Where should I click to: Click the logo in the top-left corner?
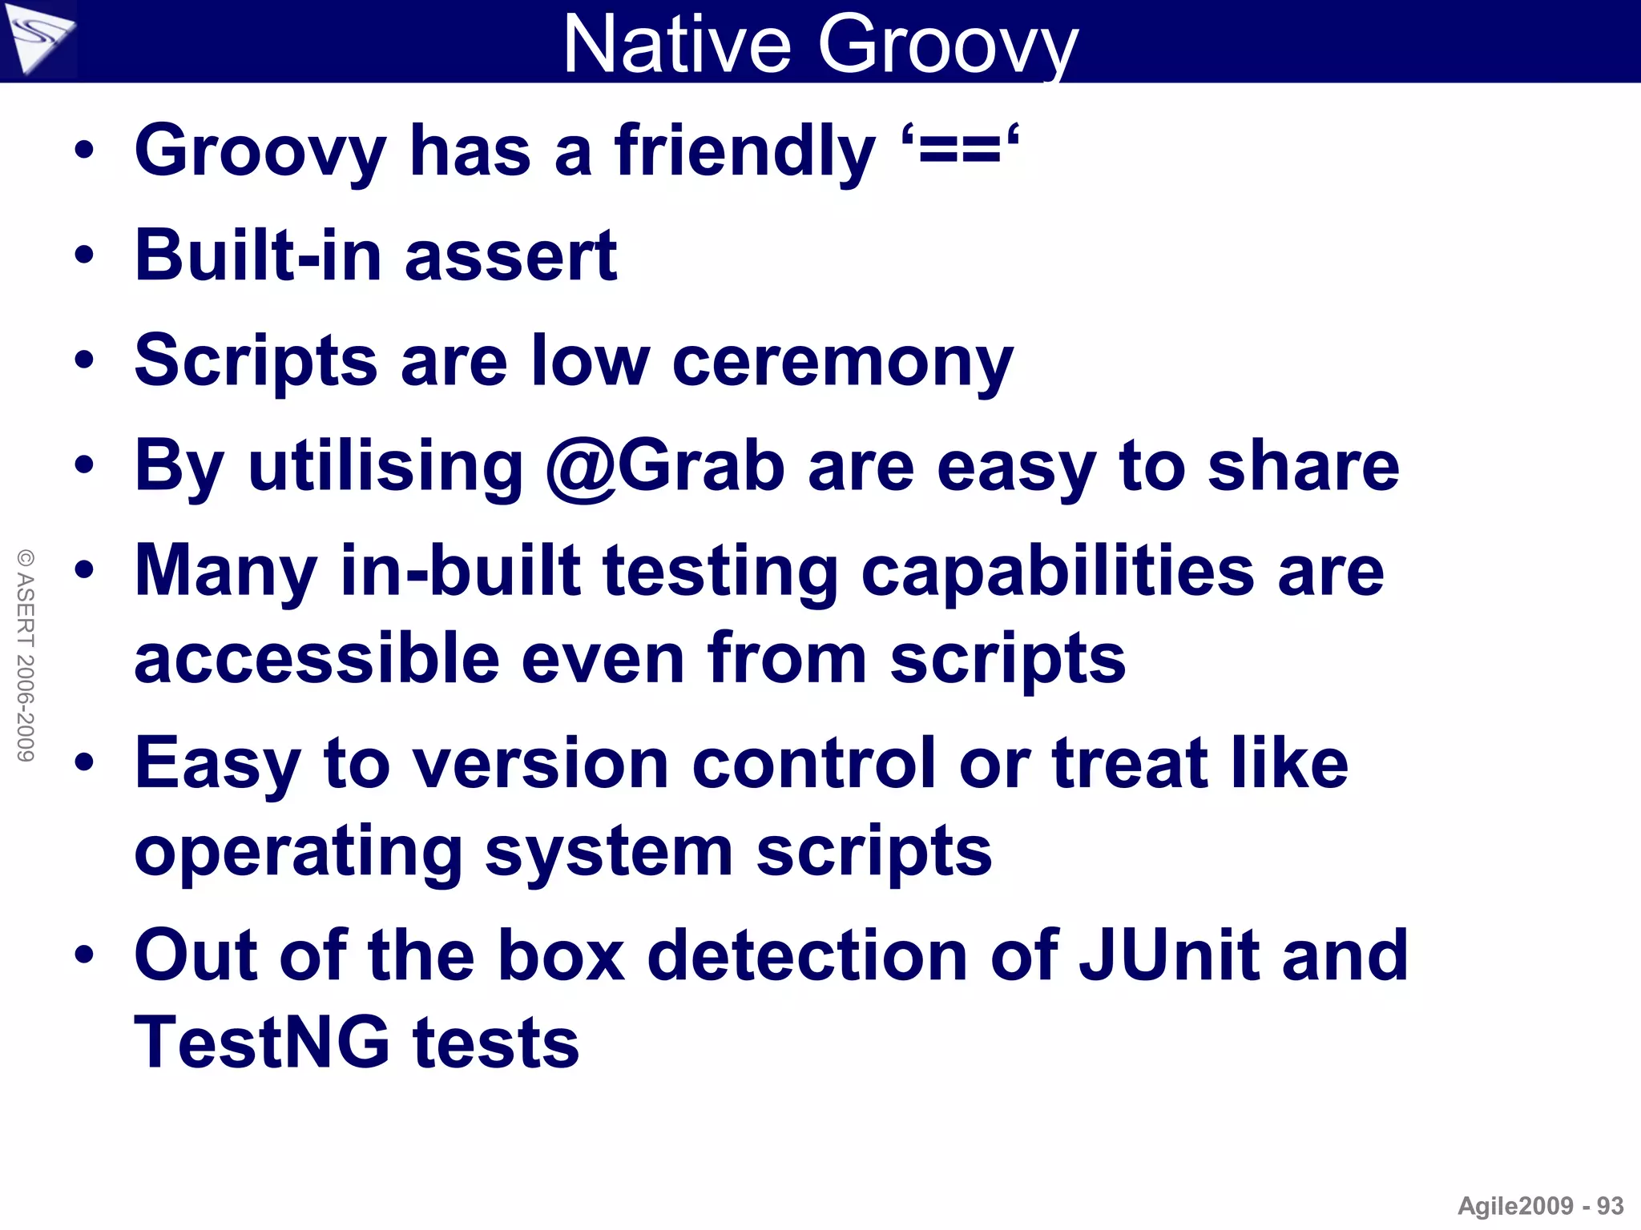click(x=38, y=38)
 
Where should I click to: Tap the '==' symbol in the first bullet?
click(x=960, y=151)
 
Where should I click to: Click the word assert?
click(x=510, y=256)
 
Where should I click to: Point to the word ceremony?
click(x=843, y=362)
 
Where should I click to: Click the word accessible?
click(x=317, y=658)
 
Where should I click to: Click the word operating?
click(x=298, y=851)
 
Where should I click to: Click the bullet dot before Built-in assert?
click(x=84, y=256)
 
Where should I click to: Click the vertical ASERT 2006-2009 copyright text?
click(x=26, y=655)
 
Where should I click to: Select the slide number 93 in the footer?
click(x=1610, y=1206)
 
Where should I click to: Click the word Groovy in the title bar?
click(x=947, y=44)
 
